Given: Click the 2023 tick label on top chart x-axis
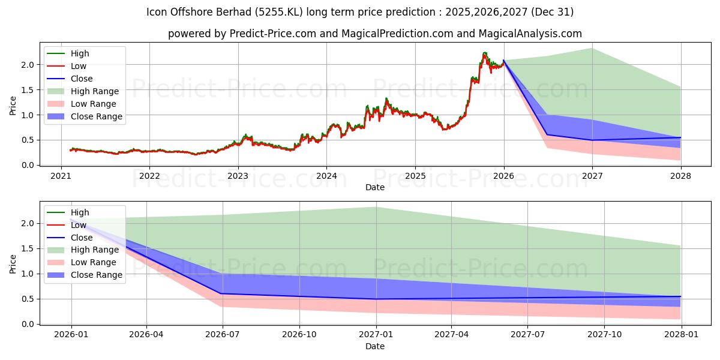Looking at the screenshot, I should tap(238, 176).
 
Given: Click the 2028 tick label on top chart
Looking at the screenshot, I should tap(680, 176).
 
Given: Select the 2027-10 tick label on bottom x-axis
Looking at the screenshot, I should tap(604, 335).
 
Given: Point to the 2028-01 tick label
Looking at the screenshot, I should tap(680, 335).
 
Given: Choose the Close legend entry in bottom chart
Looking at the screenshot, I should tap(82, 238).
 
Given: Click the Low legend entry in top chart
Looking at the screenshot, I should tap(79, 66).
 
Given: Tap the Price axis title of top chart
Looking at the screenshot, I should tap(13, 106).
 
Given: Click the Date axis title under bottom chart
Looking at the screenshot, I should tap(375, 346).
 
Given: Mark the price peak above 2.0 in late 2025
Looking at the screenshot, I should tap(484, 53).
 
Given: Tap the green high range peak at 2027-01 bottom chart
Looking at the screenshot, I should tap(376, 207).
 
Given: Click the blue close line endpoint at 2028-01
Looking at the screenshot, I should tap(680, 296).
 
